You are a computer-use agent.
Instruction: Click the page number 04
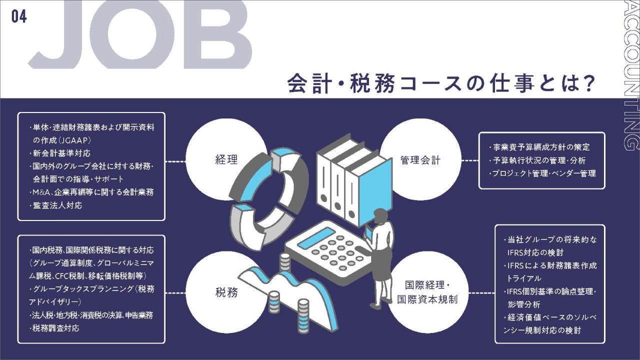click(19, 16)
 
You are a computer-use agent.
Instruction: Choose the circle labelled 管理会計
click(420, 160)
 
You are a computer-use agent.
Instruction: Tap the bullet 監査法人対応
click(58, 205)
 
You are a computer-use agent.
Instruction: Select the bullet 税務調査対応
click(56, 328)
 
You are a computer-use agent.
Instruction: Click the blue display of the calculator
click(316, 238)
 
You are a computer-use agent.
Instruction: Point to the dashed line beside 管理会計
click(469, 161)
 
